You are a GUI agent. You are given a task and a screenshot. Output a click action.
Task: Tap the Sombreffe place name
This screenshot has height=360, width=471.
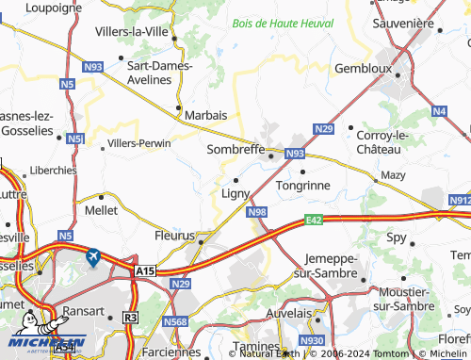point(235,148)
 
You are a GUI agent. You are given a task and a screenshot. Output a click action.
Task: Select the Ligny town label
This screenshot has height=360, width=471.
point(235,194)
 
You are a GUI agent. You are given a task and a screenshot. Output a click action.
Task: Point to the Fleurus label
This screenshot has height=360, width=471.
point(173,236)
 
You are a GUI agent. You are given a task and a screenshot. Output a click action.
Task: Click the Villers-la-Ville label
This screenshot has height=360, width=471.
point(132,31)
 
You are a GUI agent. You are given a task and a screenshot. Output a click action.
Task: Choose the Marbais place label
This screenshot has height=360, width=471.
point(206,114)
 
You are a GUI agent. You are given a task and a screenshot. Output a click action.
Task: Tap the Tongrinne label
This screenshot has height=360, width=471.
point(302,186)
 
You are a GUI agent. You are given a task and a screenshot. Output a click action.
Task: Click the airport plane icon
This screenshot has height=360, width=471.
point(93,255)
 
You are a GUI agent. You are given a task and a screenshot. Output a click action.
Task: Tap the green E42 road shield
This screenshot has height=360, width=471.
point(315,221)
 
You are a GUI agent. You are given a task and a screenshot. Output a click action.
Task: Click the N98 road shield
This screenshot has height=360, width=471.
point(258,213)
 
